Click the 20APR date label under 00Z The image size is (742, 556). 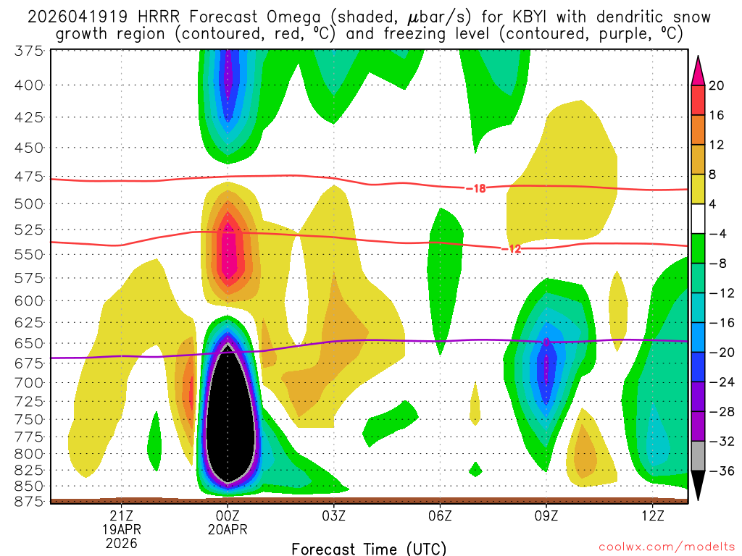pyautogui.click(x=228, y=529)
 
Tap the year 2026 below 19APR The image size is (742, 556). pyautogui.click(x=120, y=542)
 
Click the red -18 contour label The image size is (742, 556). pyautogui.click(x=475, y=188)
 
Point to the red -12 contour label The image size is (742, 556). pyautogui.click(x=511, y=249)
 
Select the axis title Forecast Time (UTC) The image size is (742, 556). pyautogui.click(x=369, y=548)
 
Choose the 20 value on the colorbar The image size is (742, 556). pyautogui.click(x=717, y=85)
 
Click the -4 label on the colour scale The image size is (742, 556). pyautogui.click(x=717, y=234)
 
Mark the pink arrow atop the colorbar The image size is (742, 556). pyautogui.click(x=699, y=70)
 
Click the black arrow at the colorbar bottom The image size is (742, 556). pyautogui.click(x=699, y=485)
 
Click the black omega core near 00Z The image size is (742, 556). pyautogui.click(x=229, y=420)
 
